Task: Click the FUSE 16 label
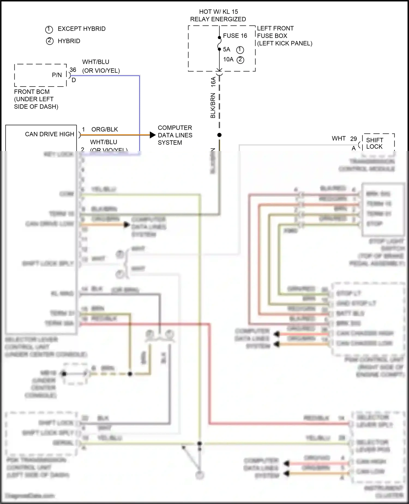(235, 36)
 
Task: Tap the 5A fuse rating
(227, 49)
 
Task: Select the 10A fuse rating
(228, 60)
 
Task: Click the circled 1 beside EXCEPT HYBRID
(49, 29)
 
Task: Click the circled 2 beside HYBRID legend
(50, 41)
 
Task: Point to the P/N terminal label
(57, 75)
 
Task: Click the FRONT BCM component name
(32, 92)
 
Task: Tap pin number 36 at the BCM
(73, 70)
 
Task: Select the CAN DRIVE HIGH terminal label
(50, 134)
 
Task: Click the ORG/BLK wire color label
(104, 129)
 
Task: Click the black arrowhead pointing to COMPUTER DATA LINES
(152, 135)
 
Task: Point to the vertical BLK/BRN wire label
(213, 106)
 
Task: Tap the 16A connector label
(213, 82)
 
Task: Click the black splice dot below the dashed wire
(219, 135)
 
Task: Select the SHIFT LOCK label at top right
(374, 143)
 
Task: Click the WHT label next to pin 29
(339, 139)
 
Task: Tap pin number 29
(353, 139)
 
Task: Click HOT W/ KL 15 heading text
(218, 12)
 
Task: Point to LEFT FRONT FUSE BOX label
(275, 32)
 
